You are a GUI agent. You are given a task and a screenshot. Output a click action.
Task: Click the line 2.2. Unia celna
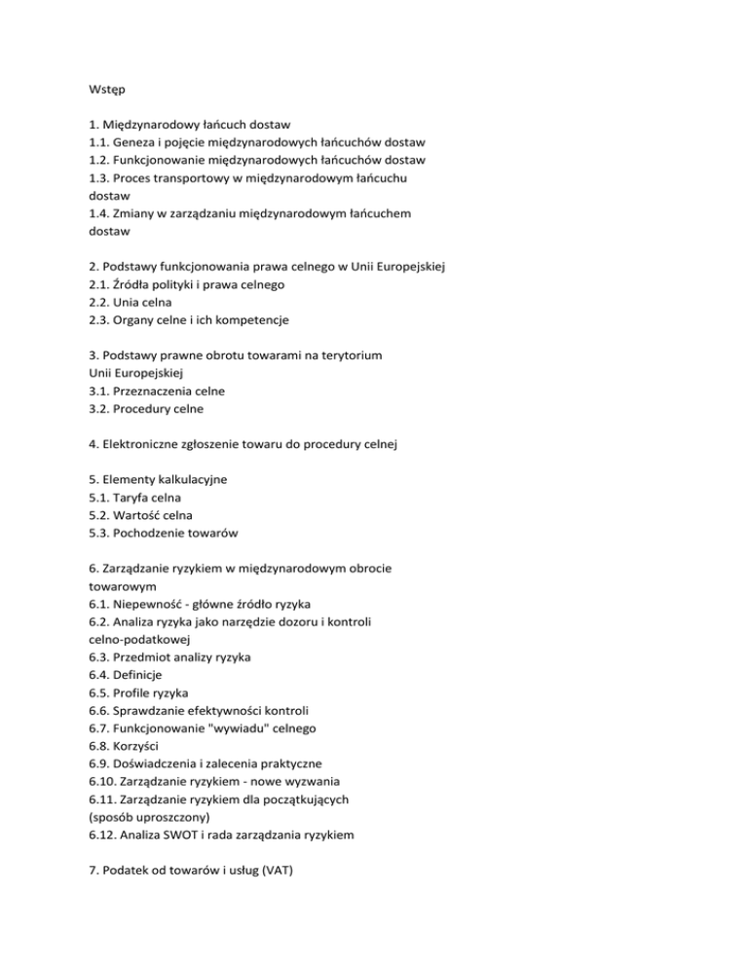(139, 301)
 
